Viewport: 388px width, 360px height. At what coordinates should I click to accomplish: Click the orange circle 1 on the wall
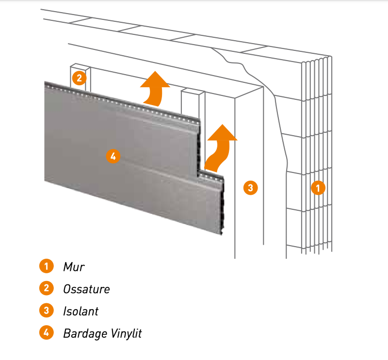tap(318, 188)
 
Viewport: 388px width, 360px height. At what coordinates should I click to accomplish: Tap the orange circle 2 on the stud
tap(79, 77)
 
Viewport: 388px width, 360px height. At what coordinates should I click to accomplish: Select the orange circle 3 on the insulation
tap(250, 188)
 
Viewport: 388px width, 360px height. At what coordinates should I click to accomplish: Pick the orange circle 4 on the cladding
tap(113, 156)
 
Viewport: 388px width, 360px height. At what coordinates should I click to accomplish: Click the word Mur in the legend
tap(74, 266)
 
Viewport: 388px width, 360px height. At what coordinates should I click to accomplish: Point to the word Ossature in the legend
tap(86, 289)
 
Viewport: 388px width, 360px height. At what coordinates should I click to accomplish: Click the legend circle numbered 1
tap(46, 266)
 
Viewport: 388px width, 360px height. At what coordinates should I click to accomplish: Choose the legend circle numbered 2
tap(46, 288)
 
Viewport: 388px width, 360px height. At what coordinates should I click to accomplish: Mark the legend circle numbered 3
tap(46, 311)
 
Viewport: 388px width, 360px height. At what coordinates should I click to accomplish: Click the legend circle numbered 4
tap(46, 333)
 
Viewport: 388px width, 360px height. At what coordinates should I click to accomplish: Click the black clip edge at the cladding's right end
tap(224, 208)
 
